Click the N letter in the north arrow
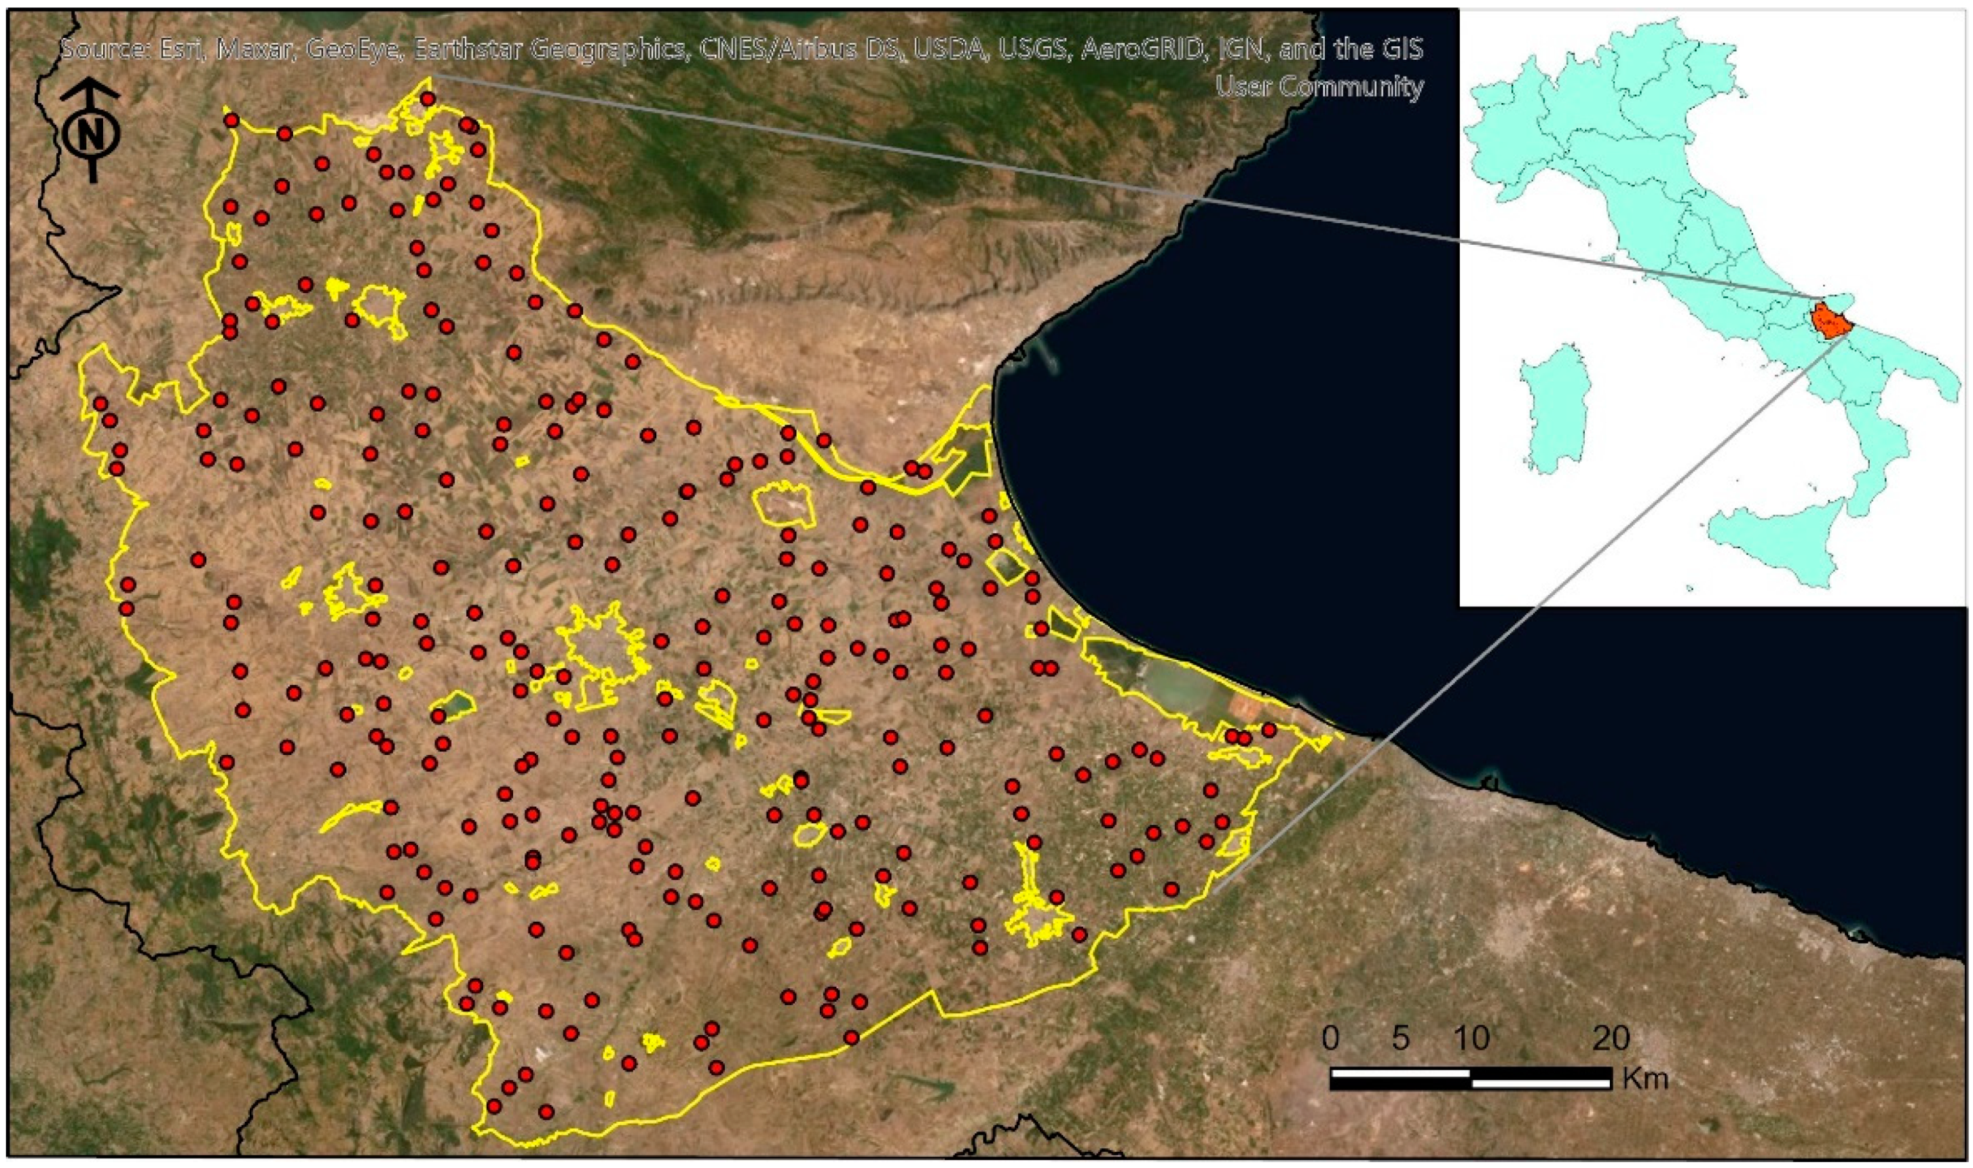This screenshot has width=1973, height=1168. [92, 134]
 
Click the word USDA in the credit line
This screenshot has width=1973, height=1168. [951, 50]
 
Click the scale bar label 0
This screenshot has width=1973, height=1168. [1330, 1039]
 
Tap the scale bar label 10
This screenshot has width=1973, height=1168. [1470, 1039]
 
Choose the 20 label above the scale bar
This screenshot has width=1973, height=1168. [1610, 1039]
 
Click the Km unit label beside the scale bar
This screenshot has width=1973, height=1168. [1645, 1078]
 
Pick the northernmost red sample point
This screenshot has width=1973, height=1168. [428, 99]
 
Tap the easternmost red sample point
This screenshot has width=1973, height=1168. [1269, 730]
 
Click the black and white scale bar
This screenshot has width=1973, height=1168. [1470, 1078]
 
